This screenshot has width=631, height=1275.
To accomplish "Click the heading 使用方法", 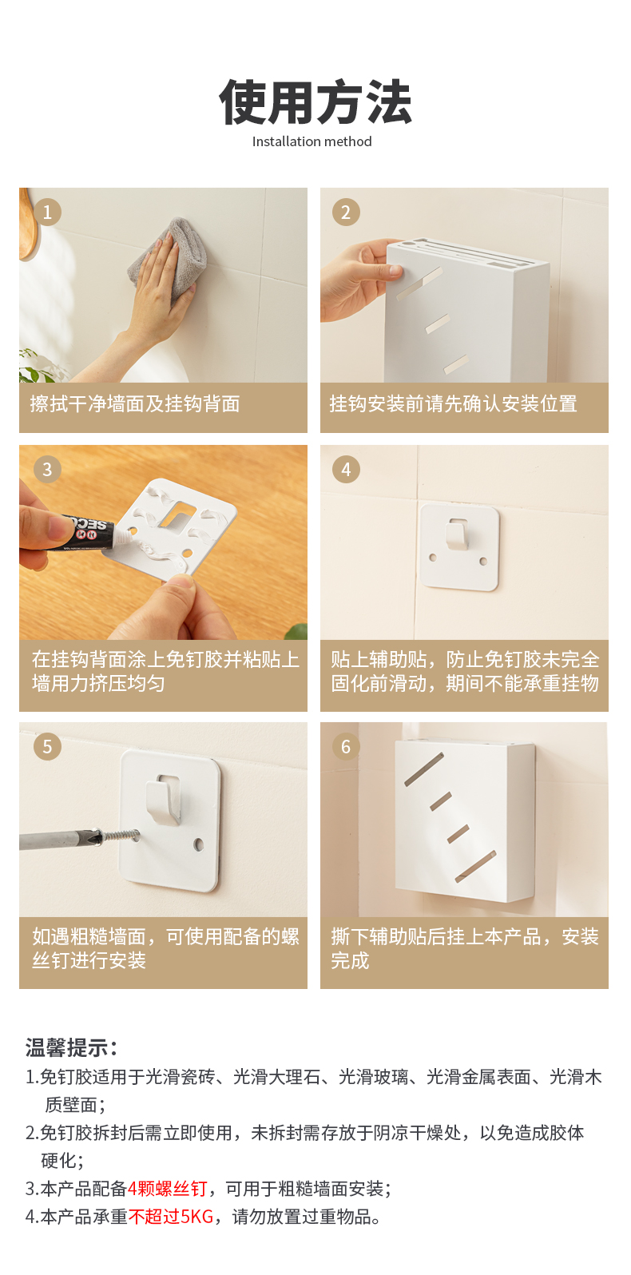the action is [315, 102].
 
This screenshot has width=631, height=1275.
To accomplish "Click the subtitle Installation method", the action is [312, 141].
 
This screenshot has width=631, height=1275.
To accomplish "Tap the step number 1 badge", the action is [47, 212].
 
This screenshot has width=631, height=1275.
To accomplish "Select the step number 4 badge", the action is [346, 470].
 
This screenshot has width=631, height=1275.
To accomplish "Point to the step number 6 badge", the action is [346, 747].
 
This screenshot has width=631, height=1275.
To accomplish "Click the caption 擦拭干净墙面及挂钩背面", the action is [135, 404].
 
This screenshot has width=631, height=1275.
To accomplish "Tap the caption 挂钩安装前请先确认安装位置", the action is [453, 404].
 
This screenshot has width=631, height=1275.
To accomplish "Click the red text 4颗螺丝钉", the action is [167, 1189].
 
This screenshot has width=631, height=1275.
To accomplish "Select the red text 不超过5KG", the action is [171, 1217].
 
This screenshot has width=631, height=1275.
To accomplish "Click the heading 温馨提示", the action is [71, 1047].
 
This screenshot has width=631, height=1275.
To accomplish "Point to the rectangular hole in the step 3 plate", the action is [179, 512].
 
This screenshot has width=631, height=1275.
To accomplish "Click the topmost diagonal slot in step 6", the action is [424, 769].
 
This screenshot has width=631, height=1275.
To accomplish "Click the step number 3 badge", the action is [47, 470].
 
